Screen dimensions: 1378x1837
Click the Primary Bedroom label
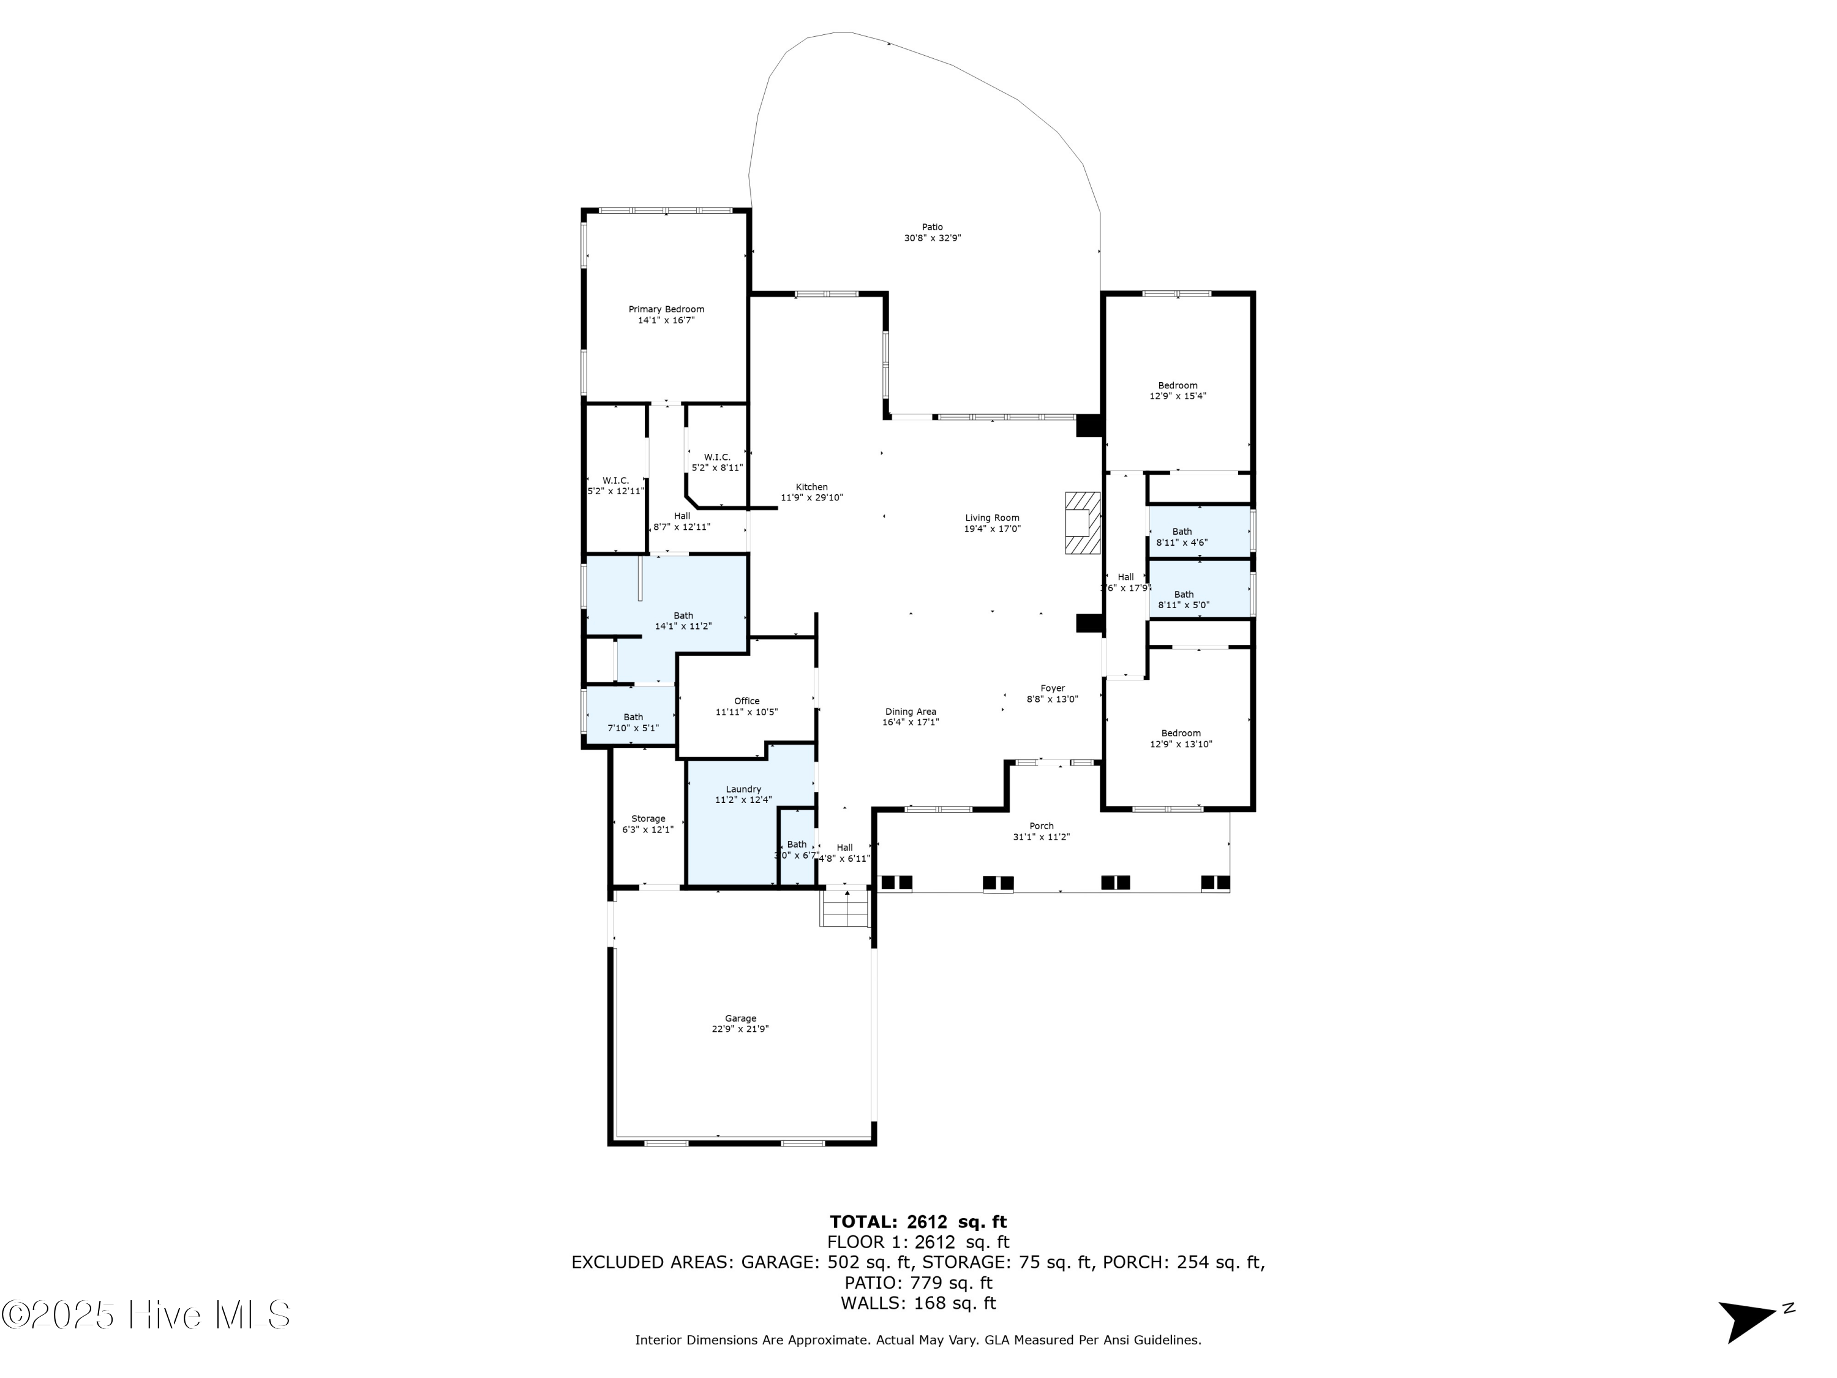pyautogui.click(x=666, y=310)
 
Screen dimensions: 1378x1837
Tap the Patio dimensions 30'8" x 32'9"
pyautogui.click(x=933, y=238)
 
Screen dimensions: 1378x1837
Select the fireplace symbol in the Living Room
pyautogui.click(x=1082, y=522)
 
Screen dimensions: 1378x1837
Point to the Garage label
pyautogui.click(x=740, y=1018)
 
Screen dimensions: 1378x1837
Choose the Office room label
pyautogui.click(x=746, y=701)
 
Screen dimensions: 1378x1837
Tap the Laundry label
pyautogui.click(x=743, y=789)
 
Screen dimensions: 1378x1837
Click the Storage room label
pyautogui.click(x=648, y=818)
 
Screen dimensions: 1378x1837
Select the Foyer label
pyautogui.click(x=1052, y=688)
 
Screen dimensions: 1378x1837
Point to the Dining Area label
pyautogui.click(x=910, y=712)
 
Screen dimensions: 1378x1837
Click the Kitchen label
pyautogui.click(x=811, y=488)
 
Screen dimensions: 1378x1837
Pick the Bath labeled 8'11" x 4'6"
pyautogui.click(x=1182, y=537)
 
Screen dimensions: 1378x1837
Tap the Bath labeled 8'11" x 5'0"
pyautogui.click(x=1184, y=600)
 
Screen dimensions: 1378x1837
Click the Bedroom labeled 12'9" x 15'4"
pyautogui.click(x=1178, y=390)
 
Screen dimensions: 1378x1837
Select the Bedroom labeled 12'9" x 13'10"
pyautogui.click(x=1180, y=739)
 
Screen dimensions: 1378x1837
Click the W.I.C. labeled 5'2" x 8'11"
pyautogui.click(x=716, y=462)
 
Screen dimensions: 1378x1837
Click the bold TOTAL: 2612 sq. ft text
pyautogui.click(x=918, y=1222)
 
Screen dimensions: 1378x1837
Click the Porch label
pyautogui.click(x=1042, y=826)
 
